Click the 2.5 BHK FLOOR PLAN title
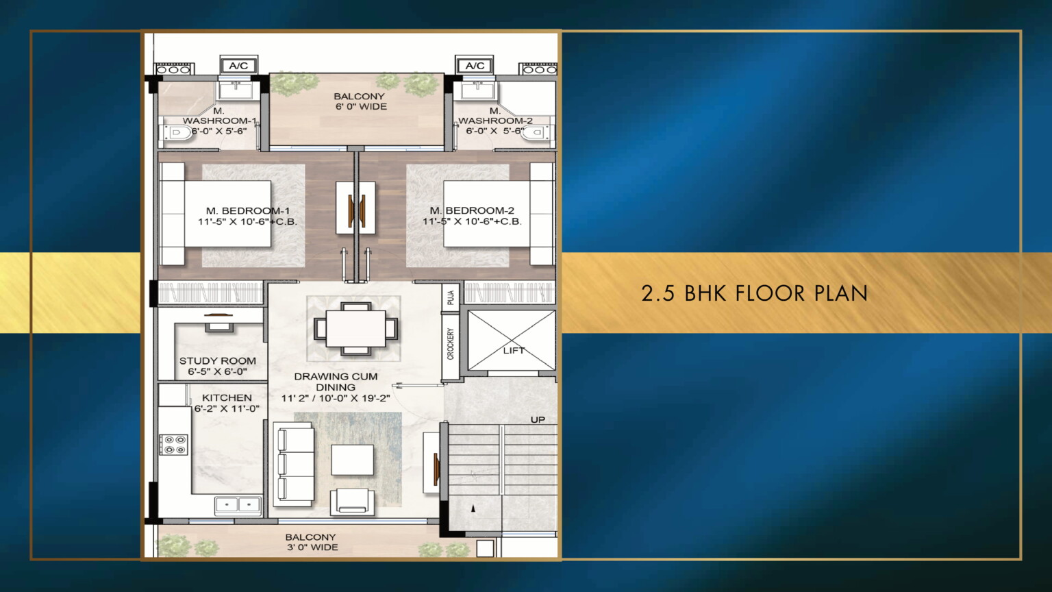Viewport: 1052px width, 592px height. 754,293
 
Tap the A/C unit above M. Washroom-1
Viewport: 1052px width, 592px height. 239,65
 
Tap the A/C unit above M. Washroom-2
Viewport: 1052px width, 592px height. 475,65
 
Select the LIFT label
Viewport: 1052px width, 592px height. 513,351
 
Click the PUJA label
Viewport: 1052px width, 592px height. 451,297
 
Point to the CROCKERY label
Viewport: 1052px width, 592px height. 451,345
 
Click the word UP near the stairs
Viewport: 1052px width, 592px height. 538,419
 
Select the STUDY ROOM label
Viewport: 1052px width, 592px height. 217,361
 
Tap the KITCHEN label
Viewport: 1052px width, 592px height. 227,397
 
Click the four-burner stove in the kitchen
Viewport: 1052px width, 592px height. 174,445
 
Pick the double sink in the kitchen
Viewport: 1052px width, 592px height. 238,505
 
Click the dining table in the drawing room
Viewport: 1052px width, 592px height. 355,328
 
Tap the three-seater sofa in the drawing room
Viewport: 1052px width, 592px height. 294,464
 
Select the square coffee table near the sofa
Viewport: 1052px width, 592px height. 353,460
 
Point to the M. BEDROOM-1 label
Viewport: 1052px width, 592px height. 248,210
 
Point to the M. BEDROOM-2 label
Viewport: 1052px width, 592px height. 472,210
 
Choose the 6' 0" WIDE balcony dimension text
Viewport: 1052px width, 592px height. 361,107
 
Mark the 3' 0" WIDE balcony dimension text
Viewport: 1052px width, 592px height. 312,547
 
